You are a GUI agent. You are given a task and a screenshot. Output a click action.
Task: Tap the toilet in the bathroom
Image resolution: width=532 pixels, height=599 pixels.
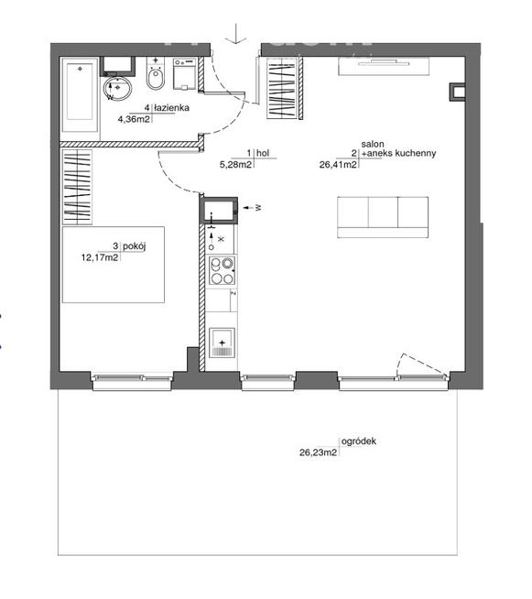(156, 82)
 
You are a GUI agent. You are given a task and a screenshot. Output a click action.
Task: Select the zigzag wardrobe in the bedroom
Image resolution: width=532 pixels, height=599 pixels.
(77, 187)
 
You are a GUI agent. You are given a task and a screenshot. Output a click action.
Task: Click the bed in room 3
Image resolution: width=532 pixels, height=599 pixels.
(114, 265)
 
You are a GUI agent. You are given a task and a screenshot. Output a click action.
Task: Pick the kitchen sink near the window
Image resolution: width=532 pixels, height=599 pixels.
(223, 345)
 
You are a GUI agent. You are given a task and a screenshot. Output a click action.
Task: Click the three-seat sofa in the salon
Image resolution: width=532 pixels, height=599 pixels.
(382, 212)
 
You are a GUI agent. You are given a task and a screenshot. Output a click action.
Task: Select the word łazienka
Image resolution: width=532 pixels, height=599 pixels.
(170, 108)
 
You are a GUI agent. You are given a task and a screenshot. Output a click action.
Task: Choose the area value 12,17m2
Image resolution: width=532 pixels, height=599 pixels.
(100, 257)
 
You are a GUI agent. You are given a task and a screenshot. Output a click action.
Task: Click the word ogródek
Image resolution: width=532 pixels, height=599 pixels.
(358, 441)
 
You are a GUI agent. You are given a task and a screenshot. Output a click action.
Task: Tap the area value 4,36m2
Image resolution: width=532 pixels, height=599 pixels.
(136, 118)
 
